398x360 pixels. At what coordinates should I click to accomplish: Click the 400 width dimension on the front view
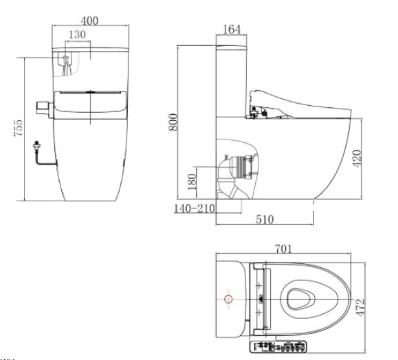[90, 21]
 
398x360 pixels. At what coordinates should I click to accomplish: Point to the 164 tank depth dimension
[232, 29]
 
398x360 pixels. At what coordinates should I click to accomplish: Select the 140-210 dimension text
[194, 208]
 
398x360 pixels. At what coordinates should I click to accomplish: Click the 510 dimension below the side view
[265, 219]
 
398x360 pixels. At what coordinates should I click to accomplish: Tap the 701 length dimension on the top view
[282, 249]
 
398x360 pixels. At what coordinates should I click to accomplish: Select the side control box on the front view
[43, 108]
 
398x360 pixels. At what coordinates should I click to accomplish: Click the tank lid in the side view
[232, 47]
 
